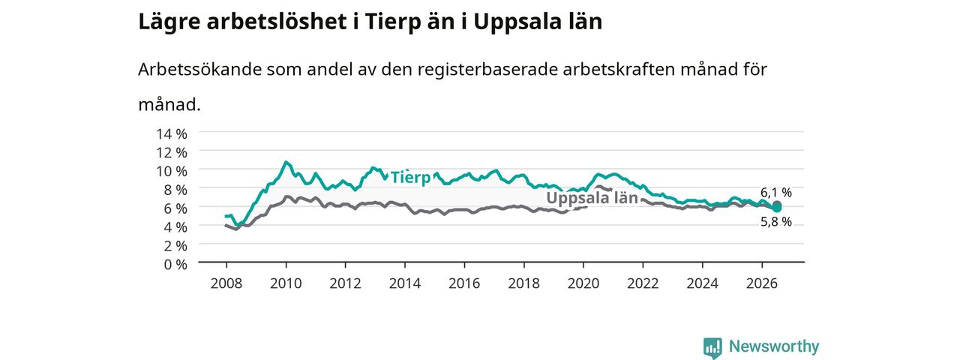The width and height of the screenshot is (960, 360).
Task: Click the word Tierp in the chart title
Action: (392, 22)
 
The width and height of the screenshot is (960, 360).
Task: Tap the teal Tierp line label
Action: (410, 177)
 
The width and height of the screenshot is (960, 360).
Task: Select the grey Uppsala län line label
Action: (592, 197)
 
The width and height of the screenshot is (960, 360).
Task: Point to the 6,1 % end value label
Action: (776, 193)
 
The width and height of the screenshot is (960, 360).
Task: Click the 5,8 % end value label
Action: (776, 221)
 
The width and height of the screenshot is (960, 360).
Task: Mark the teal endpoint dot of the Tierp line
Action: (776, 208)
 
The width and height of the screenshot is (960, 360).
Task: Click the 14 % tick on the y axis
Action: (172, 133)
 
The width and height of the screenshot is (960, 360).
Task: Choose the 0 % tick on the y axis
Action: (175, 264)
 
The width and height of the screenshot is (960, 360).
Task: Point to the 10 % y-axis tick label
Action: (172, 171)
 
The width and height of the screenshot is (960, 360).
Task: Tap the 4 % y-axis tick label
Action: (175, 226)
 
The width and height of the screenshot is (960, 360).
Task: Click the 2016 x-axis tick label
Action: (464, 283)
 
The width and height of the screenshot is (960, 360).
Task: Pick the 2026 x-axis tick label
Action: (761, 283)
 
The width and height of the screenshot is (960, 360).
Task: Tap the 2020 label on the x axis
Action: (583, 283)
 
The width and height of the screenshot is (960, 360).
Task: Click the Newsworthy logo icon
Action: (712, 347)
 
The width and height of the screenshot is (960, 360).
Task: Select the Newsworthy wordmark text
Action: (774, 346)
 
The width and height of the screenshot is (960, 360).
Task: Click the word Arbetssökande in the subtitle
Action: (199, 69)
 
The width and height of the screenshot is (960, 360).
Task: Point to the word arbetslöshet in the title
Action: (277, 22)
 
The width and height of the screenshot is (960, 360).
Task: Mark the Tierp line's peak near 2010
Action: (286, 162)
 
